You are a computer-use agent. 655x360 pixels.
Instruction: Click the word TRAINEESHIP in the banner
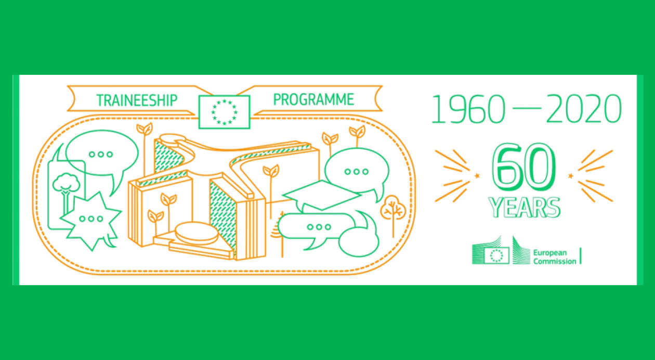(137, 100)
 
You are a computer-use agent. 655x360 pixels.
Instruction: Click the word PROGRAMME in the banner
(313, 99)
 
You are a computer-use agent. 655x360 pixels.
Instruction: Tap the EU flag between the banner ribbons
(224, 112)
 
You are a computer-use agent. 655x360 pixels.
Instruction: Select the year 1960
(469, 109)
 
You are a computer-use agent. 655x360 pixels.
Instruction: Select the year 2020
(584, 109)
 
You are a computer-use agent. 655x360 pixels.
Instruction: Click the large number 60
(523, 168)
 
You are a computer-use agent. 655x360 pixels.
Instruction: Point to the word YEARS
(525, 208)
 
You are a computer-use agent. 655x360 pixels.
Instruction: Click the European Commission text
(554, 256)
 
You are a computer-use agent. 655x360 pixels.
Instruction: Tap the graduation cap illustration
(322, 195)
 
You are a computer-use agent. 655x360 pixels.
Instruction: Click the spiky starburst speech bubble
(91, 219)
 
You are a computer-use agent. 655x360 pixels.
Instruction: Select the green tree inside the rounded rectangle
(66, 191)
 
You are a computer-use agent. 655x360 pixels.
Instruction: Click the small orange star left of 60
(477, 176)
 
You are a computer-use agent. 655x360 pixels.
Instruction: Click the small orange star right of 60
(570, 176)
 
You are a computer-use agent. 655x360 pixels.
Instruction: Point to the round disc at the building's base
(197, 233)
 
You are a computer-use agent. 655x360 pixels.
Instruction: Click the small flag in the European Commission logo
(496, 255)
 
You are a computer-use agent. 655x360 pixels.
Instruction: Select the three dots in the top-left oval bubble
(101, 154)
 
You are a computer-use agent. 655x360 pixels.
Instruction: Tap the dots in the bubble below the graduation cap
(319, 227)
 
